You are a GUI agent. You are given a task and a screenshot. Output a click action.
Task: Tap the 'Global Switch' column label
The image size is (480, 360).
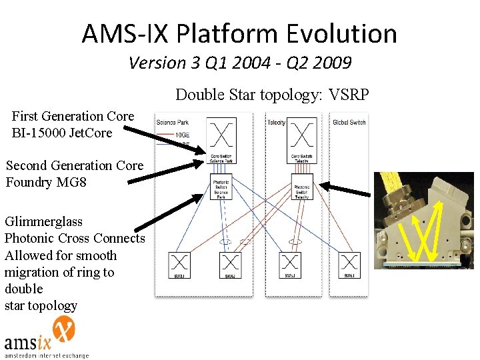tap(349, 122)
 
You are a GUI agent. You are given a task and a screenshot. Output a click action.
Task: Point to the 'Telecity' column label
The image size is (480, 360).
tap(276, 122)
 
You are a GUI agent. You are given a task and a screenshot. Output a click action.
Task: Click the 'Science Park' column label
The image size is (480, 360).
tap(172, 122)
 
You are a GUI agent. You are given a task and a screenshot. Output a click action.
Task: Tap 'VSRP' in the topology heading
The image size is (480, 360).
tap(348, 95)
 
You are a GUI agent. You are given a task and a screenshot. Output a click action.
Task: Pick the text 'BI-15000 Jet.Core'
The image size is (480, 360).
tap(61, 133)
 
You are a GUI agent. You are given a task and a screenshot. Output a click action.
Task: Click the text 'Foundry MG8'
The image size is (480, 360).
tap(46, 181)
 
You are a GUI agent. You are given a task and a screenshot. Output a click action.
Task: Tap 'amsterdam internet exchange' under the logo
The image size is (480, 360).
tap(47, 355)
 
